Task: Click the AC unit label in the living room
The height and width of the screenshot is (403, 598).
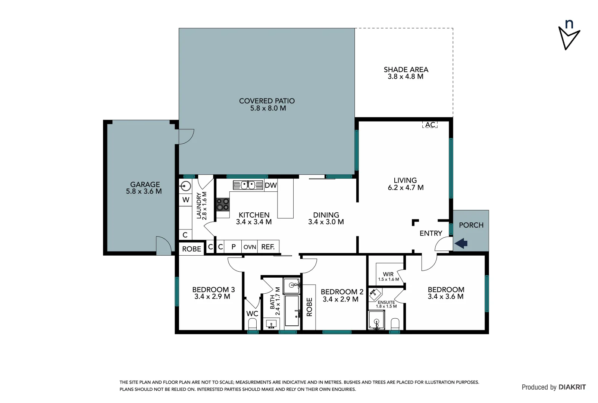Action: click(x=430, y=125)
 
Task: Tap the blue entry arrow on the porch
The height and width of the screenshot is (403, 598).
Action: click(x=461, y=244)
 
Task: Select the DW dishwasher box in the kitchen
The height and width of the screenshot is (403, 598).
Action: click(x=270, y=185)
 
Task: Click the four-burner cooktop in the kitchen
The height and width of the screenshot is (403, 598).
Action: click(x=223, y=204)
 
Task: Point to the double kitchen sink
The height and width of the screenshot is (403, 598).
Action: click(x=248, y=185)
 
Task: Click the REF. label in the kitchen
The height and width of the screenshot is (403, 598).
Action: click(x=268, y=247)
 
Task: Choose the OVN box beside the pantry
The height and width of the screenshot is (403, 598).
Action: click(x=250, y=247)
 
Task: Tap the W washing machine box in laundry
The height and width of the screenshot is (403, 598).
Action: click(x=186, y=200)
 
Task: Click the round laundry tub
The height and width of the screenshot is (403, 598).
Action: click(x=185, y=186)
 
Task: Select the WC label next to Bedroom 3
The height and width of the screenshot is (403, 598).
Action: click(x=252, y=313)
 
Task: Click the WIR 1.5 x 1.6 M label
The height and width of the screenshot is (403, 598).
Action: click(x=388, y=277)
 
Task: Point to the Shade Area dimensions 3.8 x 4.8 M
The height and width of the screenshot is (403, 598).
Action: click(x=405, y=76)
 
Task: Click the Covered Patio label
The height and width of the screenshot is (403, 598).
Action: click(x=267, y=101)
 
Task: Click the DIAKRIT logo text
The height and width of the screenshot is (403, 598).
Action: click(x=572, y=387)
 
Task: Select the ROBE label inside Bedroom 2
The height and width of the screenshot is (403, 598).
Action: click(x=309, y=307)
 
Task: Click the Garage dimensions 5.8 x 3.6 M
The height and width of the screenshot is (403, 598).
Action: click(x=144, y=191)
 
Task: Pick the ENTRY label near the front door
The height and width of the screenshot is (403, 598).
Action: click(x=431, y=233)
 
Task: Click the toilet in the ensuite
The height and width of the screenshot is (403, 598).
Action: click(x=395, y=324)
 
